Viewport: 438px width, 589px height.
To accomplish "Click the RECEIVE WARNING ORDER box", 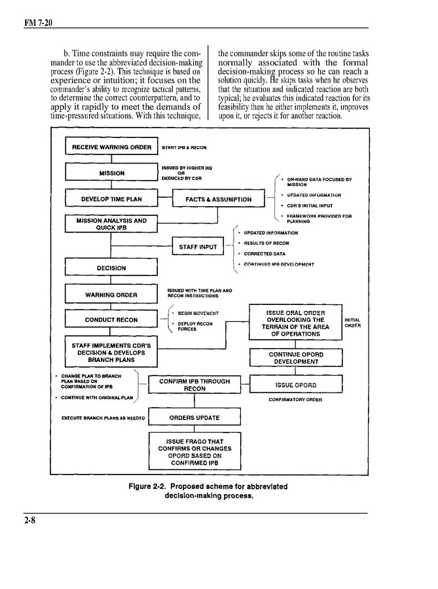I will click(111, 147).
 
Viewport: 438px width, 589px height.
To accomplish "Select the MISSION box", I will click(111, 173).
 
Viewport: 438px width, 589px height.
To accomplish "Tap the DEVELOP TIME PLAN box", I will click(111, 199).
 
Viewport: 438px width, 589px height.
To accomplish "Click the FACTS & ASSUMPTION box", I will click(218, 199).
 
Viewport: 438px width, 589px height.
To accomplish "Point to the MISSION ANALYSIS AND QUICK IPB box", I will click(111, 224).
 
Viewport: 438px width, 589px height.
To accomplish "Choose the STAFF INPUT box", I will click(198, 247).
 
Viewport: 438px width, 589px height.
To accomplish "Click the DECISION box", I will click(111, 268).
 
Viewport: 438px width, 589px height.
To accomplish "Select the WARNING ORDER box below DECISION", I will click(111, 294).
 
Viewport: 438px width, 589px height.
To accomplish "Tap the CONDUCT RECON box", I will click(111, 320).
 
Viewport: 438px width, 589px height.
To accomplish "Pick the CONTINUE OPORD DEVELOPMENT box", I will click(296, 358).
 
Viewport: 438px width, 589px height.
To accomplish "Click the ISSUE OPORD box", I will click(296, 385).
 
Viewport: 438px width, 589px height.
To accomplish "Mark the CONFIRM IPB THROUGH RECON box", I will click(194, 385).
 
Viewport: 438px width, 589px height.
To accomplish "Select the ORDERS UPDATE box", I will click(194, 418).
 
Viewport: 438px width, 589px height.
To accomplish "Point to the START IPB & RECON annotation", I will click(184, 148).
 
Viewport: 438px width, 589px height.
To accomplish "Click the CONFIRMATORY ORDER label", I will click(295, 399).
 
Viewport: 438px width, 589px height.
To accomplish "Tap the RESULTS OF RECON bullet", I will click(266, 243).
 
